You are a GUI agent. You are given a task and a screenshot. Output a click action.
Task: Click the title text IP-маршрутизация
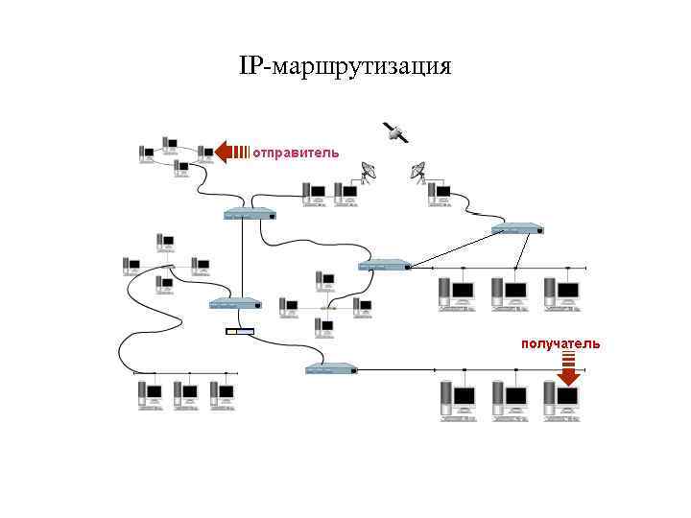(345, 67)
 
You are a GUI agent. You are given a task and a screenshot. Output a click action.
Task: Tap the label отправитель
(296, 152)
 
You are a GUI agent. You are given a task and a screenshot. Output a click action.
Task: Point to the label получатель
(560, 343)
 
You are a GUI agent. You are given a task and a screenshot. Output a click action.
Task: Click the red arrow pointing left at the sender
(230, 152)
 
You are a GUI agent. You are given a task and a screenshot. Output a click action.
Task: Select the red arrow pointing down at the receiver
(568, 368)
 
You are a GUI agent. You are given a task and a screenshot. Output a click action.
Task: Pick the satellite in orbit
(394, 133)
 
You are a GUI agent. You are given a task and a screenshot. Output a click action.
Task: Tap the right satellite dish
(418, 173)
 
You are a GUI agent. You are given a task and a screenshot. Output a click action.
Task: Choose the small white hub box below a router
(240, 332)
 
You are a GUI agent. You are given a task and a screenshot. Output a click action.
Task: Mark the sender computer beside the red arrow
(204, 153)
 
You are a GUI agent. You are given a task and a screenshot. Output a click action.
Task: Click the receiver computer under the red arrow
(565, 398)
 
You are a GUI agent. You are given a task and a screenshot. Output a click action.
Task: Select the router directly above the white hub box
(234, 304)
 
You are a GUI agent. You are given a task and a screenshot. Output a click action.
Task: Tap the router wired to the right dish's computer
(517, 229)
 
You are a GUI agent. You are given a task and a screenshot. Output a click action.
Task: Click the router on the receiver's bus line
(331, 369)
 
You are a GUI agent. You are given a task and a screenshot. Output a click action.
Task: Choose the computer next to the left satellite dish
(343, 193)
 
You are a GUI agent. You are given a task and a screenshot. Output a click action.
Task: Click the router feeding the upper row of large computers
(384, 265)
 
